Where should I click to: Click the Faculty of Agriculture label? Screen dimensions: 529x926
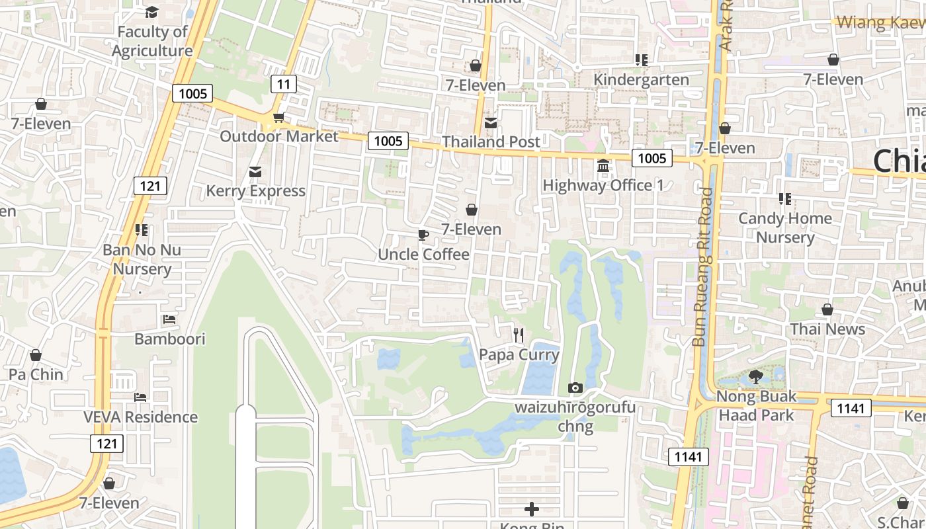152,41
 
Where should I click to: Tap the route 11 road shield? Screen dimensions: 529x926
284,84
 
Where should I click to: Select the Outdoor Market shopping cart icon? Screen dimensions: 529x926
278,118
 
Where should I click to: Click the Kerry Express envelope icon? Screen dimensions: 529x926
255,172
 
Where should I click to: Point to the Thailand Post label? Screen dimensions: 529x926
491,142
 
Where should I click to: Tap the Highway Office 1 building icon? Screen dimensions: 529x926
603,166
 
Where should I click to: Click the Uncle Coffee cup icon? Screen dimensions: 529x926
423,235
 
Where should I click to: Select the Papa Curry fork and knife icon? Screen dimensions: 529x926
519,335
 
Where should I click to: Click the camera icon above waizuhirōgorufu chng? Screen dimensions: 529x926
575,387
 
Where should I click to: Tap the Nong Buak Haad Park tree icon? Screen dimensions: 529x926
755,377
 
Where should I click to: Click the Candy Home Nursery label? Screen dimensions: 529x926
785,227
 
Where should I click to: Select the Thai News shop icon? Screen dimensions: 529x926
827,309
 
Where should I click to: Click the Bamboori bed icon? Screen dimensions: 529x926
169,319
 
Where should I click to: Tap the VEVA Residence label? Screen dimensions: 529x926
140,417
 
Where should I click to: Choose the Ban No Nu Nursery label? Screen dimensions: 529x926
142,259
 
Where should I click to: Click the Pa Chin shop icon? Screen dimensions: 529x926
36,355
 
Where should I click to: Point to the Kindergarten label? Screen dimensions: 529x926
641,80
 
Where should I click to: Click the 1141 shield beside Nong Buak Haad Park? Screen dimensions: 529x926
851,408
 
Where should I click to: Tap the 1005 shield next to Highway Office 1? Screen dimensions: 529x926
652,157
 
